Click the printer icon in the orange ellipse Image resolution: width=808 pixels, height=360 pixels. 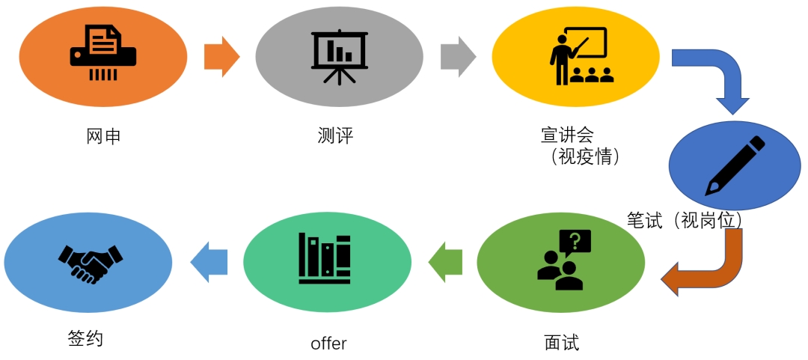coord(103,52)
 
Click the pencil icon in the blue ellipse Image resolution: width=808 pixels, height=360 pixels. coord(736,165)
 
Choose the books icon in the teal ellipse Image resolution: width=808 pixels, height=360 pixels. coord(325,258)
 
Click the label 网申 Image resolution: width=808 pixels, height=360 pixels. coord(103,137)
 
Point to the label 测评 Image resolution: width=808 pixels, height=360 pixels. coord(335,137)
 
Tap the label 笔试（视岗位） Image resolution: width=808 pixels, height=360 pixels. coord(684,221)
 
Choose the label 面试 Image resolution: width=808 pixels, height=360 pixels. coord(561,343)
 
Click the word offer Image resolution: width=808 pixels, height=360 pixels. coord(328,344)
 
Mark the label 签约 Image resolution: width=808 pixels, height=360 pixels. coord(85,339)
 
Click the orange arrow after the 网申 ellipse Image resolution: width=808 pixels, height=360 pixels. coord(221,56)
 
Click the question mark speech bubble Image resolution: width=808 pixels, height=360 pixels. coord(575,241)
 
